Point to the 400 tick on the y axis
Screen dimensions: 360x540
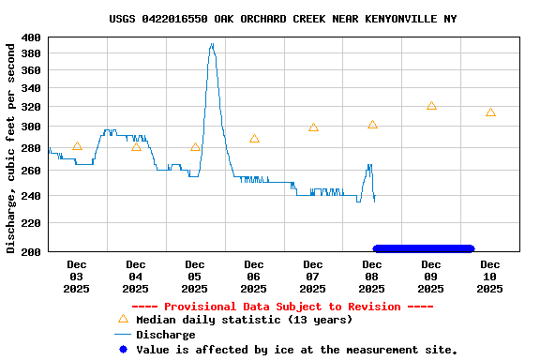coord(31,37)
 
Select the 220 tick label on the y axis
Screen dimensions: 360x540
coord(31,223)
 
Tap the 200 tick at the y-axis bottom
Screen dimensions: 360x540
coord(31,251)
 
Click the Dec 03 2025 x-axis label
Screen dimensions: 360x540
coord(76,277)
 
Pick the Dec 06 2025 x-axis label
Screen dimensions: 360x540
coord(253,277)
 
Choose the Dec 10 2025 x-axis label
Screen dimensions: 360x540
coord(489,277)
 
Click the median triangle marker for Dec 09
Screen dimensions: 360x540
coord(431,106)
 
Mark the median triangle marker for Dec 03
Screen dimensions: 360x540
coord(77,146)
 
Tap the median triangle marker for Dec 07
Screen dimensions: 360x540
coord(313,127)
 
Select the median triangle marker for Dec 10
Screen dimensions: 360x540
coord(490,112)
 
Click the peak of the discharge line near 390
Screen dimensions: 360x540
coord(212,44)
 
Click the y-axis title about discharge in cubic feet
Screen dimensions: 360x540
coord(11,146)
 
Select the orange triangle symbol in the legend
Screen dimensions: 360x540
coord(122,319)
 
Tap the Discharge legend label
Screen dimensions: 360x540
coord(166,335)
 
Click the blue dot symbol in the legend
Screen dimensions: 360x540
coord(122,350)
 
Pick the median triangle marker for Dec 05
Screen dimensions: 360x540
coord(195,147)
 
